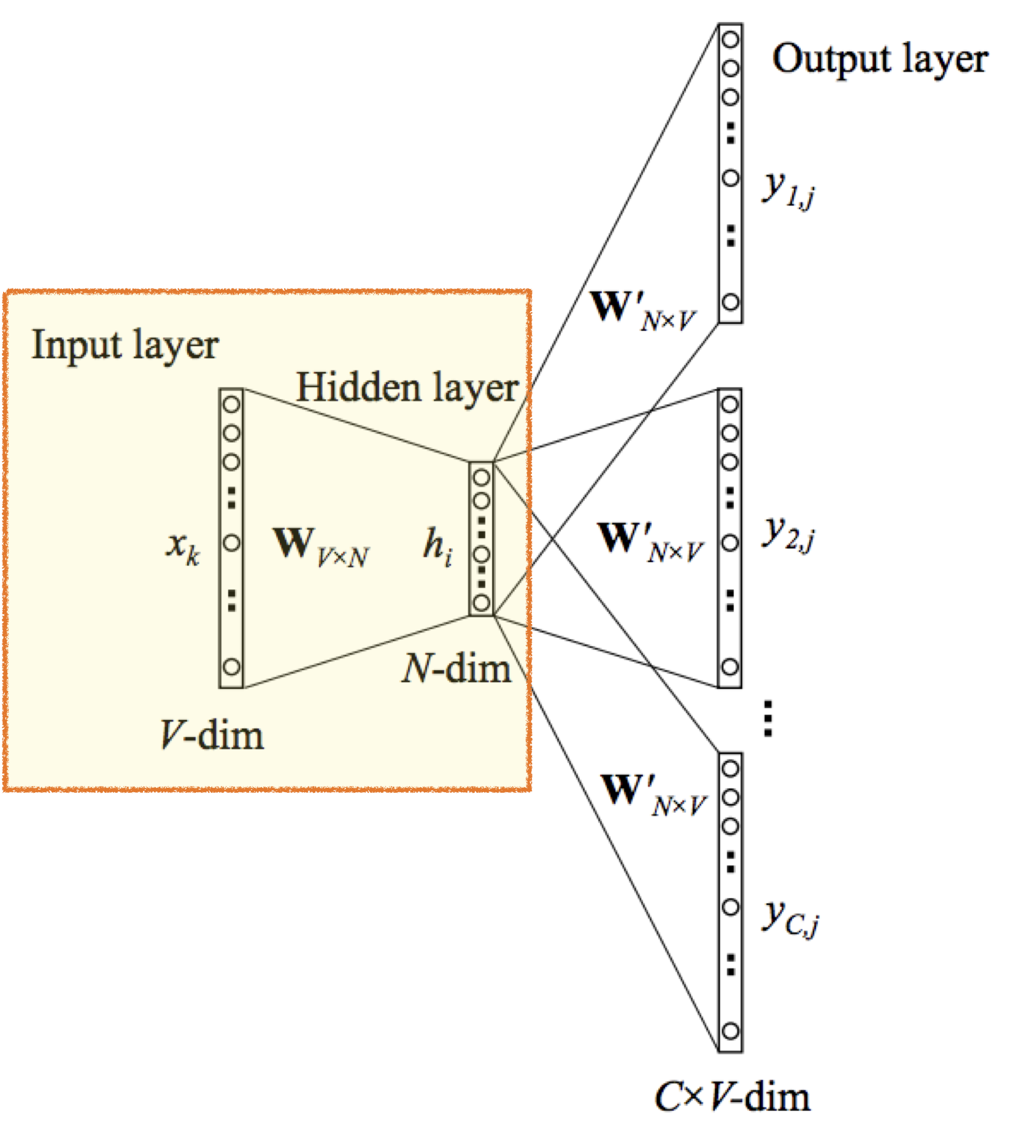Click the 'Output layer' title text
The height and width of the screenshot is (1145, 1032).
click(x=879, y=60)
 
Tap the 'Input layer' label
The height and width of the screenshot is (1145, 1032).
click(x=125, y=345)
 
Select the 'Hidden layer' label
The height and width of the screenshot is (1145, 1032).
click(x=407, y=388)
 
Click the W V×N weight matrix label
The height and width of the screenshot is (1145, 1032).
click(x=320, y=546)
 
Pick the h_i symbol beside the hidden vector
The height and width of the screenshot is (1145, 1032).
click(x=438, y=546)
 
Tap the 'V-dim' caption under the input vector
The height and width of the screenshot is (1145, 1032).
click(x=212, y=734)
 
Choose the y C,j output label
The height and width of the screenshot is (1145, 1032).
click(x=790, y=918)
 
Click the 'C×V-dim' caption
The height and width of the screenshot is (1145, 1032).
click(x=732, y=1097)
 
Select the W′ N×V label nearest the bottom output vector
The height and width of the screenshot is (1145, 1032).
click(x=653, y=794)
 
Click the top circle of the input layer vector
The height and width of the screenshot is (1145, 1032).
click(x=231, y=404)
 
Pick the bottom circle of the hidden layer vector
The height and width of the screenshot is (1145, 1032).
click(x=482, y=603)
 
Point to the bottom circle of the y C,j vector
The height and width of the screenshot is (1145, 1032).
click(x=730, y=1031)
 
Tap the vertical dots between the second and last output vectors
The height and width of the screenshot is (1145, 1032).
click(x=768, y=718)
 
